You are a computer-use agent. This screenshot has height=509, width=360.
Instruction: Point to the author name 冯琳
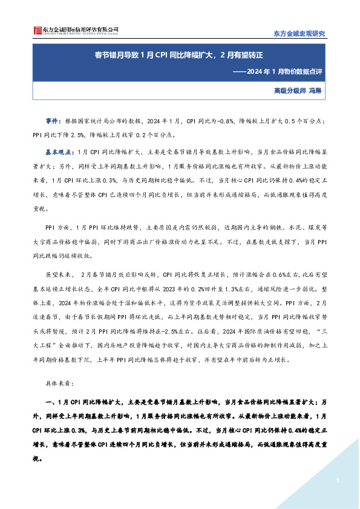pos(327,91)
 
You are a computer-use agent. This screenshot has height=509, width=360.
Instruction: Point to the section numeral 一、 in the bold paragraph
pos(52,401)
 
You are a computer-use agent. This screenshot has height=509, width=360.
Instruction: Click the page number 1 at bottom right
pos(336,481)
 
